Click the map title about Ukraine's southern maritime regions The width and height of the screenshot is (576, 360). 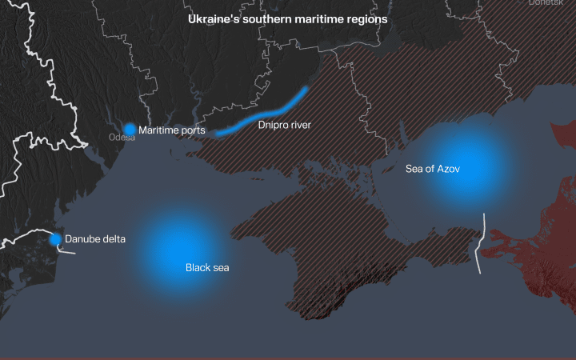pyautogui.click(x=287, y=18)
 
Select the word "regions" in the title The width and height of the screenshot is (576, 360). pyautogui.click(x=367, y=18)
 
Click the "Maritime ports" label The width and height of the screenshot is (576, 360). pyautogui.click(x=171, y=130)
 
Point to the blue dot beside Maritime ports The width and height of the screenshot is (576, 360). pyautogui.click(x=130, y=129)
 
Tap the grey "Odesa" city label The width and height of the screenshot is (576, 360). pyautogui.click(x=122, y=138)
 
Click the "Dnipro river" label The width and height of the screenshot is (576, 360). pyautogui.click(x=284, y=125)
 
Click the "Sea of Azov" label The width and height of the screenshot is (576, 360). pyautogui.click(x=433, y=169)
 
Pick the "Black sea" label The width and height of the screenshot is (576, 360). pyautogui.click(x=207, y=267)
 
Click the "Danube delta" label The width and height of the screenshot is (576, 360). pyautogui.click(x=95, y=238)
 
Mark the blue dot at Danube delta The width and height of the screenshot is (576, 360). pyautogui.click(x=55, y=239)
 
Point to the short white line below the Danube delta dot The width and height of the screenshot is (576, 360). pyautogui.click(x=68, y=251)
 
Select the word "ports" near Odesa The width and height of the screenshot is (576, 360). pyautogui.click(x=193, y=130)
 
